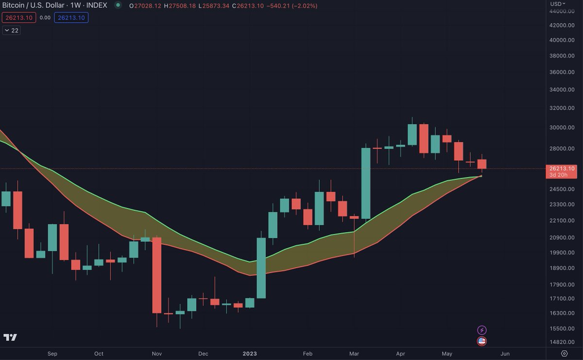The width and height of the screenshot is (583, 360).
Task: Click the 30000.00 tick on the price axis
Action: [562, 128]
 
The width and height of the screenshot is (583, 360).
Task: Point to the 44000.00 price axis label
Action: [562, 11]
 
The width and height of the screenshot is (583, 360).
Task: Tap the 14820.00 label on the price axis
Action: [562, 343]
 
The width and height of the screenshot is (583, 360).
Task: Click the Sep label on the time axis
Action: [52, 354]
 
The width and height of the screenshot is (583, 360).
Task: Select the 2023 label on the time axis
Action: [250, 354]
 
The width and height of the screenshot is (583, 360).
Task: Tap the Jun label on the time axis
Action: [505, 354]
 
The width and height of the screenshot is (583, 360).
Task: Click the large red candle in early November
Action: [156, 275]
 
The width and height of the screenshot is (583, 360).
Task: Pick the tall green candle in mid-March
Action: [366, 183]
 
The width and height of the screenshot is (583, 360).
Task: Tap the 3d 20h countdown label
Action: [562, 175]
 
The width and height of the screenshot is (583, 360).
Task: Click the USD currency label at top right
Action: [556, 4]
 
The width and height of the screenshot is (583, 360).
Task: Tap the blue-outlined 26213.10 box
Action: [71, 17]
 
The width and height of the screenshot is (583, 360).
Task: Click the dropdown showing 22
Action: [11, 30]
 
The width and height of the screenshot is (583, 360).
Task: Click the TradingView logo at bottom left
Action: [10, 338]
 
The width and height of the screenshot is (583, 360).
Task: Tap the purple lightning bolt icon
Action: [482, 330]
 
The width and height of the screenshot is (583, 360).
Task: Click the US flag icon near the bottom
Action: [482, 341]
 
